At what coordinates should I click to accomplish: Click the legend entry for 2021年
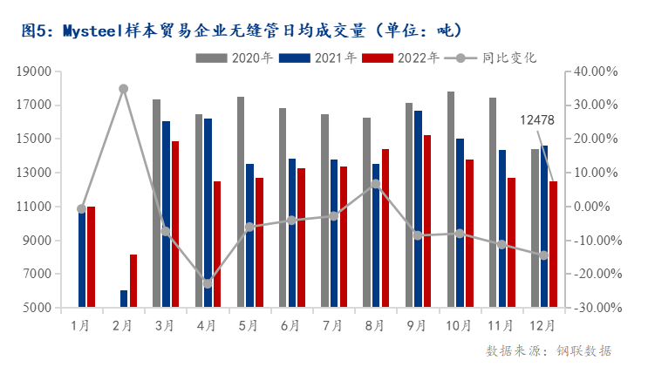(321, 58)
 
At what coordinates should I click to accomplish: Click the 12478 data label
(537, 119)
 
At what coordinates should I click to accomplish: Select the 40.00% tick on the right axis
(597, 72)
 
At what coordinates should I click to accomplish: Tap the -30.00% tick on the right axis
(597, 309)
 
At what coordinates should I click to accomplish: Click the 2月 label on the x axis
(123, 326)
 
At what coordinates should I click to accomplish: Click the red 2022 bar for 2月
(133, 281)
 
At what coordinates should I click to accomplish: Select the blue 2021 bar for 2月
(124, 298)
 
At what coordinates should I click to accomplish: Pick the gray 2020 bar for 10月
(450, 200)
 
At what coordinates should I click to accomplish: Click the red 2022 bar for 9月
(426, 221)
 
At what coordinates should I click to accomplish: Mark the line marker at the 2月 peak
(124, 89)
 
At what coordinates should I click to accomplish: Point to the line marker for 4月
(208, 283)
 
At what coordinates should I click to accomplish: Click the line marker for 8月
(375, 184)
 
